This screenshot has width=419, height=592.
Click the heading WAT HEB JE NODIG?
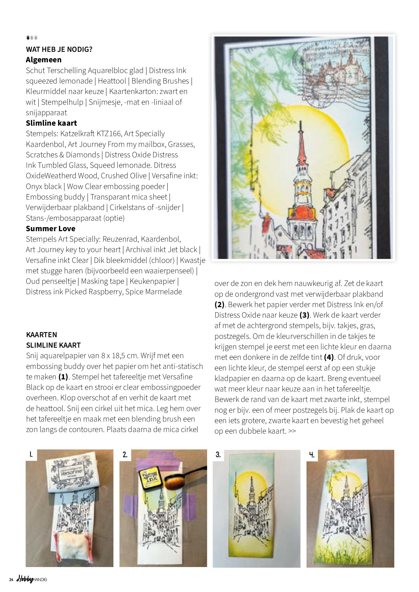59,49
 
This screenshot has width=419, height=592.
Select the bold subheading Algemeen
44,60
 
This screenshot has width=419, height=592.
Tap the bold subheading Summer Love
51,228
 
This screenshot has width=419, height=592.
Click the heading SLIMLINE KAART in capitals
53,345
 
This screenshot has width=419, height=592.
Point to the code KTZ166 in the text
107,134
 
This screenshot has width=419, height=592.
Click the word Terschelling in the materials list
66,71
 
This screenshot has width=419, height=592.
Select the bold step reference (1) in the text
63,377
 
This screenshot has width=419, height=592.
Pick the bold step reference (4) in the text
329,357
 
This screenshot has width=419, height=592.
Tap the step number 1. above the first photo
31,455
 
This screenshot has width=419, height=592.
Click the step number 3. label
218,455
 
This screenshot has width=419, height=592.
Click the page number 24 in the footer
11,580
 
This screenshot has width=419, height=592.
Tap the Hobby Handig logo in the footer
32,579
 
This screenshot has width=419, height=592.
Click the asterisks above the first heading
32,38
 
